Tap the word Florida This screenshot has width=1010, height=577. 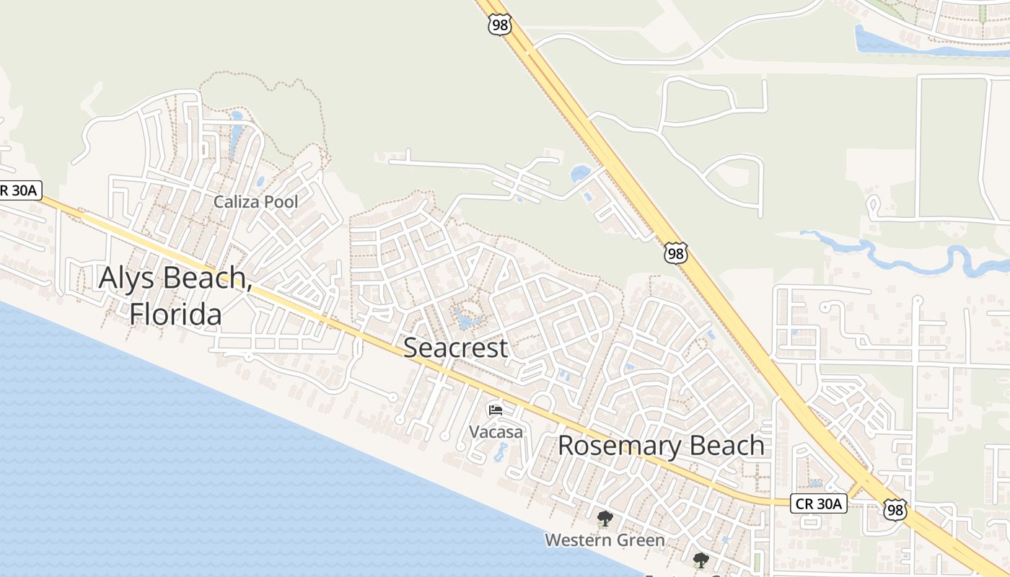pos(175,314)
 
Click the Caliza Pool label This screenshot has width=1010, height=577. pos(255,202)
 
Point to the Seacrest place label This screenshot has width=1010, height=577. pos(455,348)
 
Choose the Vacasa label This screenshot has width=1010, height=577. pos(496,432)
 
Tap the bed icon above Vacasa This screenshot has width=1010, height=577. pos(496,410)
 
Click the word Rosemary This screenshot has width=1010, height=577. pos(614,446)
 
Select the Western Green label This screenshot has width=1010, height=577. pos(605,539)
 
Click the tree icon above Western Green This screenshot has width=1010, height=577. pos(605,518)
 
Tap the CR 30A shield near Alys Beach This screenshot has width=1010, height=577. pos(21,190)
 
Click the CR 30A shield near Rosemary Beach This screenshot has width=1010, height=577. pos(819,503)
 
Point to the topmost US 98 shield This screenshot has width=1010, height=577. pos(499,25)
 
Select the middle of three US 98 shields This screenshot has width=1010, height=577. pos(675,253)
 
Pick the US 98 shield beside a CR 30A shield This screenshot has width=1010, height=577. pos(895,509)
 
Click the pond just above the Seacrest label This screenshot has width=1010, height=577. pos(465,319)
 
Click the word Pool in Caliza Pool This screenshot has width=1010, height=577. pos(281,202)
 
